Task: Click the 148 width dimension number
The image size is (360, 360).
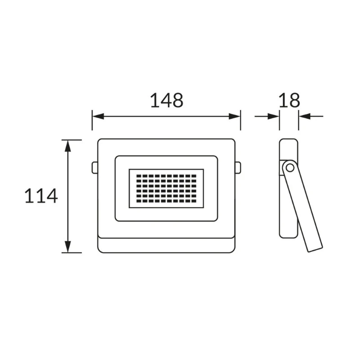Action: [x=166, y=100]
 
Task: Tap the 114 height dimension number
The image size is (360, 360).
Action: [x=41, y=196]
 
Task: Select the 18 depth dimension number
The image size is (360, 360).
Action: [x=289, y=100]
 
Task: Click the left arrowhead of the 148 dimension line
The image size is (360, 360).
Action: [x=98, y=117]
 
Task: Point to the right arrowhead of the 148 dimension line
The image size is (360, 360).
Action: [x=234, y=117]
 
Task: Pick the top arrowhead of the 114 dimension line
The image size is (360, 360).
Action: [x=68, y=146]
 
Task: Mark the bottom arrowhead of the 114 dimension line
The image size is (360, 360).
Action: [x=68, y=247]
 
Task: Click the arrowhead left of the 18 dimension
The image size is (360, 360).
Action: [x=273, y=117]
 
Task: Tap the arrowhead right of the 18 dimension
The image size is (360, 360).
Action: [x=305, y=117]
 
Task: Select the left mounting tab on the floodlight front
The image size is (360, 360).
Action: [x=95, y=167]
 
